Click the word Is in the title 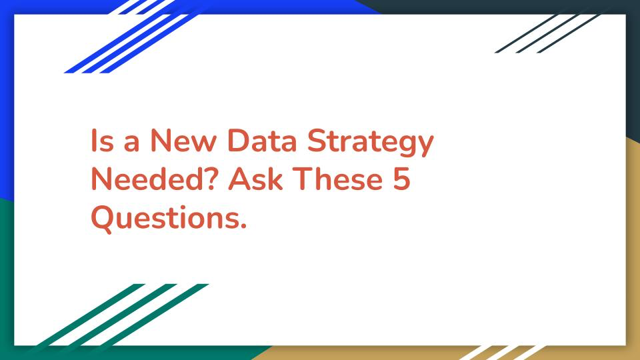click(x=102, y=141)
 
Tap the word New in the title click(x=183, y=141)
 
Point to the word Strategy click(x=370, y=143)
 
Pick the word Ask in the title click(x=255, y=179)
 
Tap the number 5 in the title click(x=401, y=179)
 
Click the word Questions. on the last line click(x=169, y=219)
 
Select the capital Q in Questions click(x=102, y=219)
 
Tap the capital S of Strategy click(x=317, y=141)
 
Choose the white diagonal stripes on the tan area click(x=502, y=353)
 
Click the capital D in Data click(x=239, y=141)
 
